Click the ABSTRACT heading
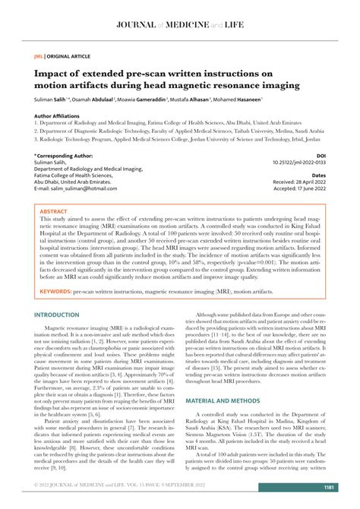[x=53, y=212]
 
